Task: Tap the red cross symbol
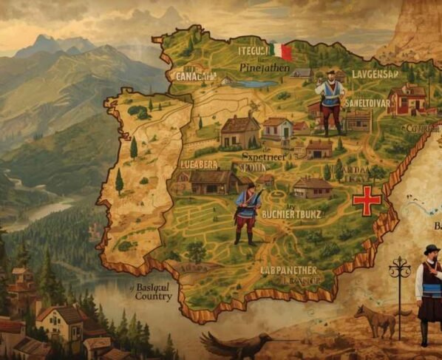pos(367,200)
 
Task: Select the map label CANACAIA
pos(193,76)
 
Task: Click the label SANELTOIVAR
pos(367,103)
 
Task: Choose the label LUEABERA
pos(200,164)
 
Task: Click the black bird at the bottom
pos(237,345)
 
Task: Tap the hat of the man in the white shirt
pos(330,73)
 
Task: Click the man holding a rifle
pos(246,213)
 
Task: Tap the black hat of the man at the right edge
pos(432,249)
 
